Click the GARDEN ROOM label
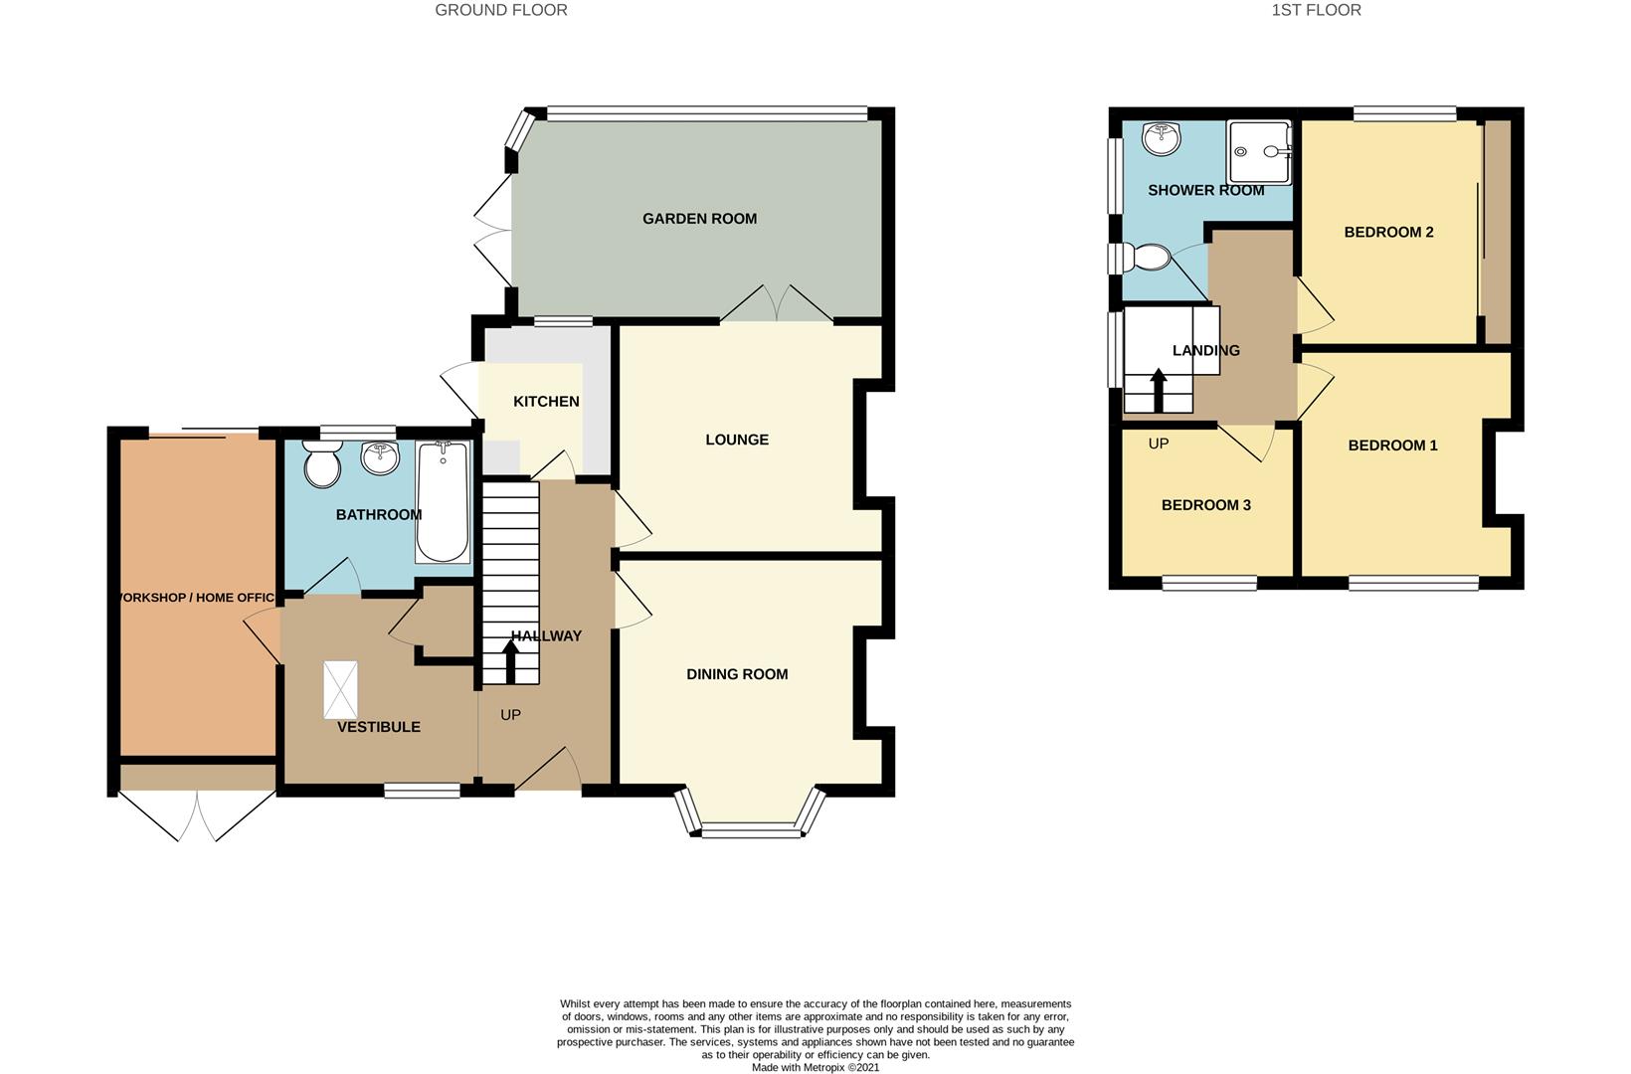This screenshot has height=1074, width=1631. click(x=699, y=219)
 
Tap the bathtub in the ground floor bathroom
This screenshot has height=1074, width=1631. click(x=442, y=503)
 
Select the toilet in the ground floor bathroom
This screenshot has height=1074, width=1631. click(x=322, y=464)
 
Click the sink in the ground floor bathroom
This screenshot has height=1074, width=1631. click(x=379, y=457)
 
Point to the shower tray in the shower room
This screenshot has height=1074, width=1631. click(x=1259, y=152)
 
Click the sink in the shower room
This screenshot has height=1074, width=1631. click(x=1160, y=139)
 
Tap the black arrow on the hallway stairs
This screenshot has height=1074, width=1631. click(x=511, y=661)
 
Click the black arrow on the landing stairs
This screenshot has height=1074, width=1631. click(x=1158, y=390)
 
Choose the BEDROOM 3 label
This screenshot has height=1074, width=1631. click(x=1205, y=505)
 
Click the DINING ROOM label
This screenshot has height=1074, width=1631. click(x=737, y=674)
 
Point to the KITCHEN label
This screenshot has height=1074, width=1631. click(x=546, y=402)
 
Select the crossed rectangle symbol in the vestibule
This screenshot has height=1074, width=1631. click(x=340, y=689)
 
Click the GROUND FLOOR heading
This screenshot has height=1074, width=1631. click(x=501, y=10)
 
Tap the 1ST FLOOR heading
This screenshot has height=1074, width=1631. click(x=1316, y=10)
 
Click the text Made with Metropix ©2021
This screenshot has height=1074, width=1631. click(x=815, y=1067)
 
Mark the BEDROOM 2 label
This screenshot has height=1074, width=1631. click(x=1388, y=233)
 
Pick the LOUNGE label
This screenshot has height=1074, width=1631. click(x=737, y=440)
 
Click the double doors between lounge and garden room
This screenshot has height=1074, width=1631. click(x=777, y=303)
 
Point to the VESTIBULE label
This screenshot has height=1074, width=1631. click(x=379, y=727)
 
